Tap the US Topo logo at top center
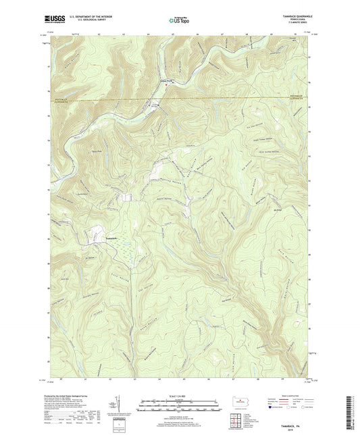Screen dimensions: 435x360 pyautogui.click(x=180, y=22)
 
